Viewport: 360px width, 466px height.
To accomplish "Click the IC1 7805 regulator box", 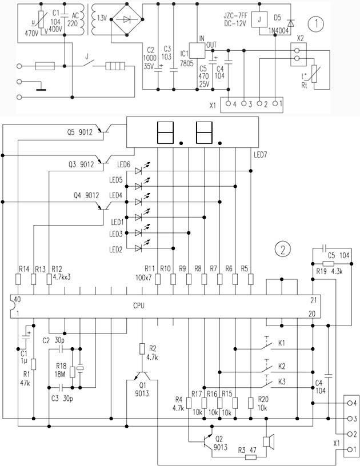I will [x=197, y=50].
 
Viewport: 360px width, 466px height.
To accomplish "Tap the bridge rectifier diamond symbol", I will [x=126, y=19].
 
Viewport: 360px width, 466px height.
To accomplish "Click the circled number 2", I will [x=282, y=249].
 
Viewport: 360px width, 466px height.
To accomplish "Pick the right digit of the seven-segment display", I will [x=205, y=132].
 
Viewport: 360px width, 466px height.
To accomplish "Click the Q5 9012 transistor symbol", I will [x=105, y=131].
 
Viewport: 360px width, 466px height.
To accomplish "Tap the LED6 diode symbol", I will [x=138, y=170].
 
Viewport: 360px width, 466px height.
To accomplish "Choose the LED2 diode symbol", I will [x=138, y=247].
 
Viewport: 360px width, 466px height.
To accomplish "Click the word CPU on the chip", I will [x=138, y=306].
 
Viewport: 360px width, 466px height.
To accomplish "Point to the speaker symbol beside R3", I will [x=266, y=442].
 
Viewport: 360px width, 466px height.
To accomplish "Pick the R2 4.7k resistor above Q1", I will [x=142, y=348].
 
